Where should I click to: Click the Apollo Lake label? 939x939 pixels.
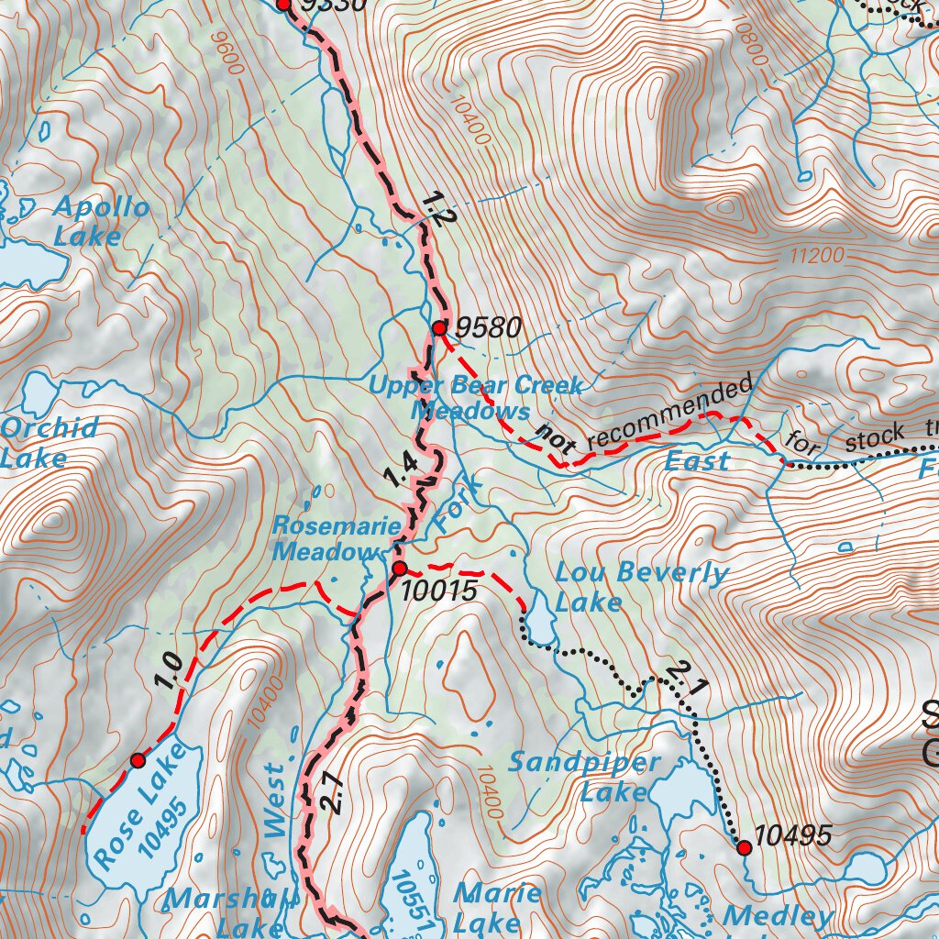(101, 221)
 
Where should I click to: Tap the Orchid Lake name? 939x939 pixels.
(50, 442)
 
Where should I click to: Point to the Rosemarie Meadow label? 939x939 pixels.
(336, 539)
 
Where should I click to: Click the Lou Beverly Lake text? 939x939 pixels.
(641, 588)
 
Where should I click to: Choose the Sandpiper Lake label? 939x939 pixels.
(585, 776)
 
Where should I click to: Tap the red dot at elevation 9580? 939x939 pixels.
(439, 327)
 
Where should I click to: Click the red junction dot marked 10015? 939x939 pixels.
(399, 569)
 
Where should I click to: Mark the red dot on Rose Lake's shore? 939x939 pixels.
(138, 760)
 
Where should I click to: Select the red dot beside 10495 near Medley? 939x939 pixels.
(744, 848)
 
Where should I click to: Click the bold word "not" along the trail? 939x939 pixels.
(556, 438)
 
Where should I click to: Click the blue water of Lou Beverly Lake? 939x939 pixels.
(539, 628)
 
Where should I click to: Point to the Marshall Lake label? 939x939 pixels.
(232, 913)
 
